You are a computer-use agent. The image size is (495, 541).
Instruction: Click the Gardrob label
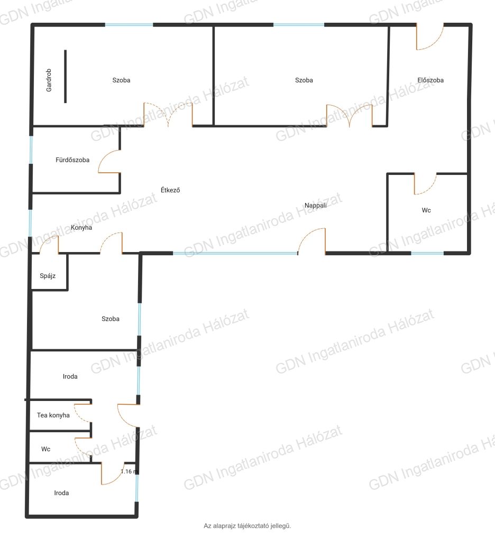click(x=49, y=80)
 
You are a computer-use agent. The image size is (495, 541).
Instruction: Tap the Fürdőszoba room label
click(x=72, y=160)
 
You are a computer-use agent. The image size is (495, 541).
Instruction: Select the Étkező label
click(x=170, y=190)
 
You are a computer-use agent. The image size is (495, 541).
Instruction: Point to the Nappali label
click(x=315, y=206)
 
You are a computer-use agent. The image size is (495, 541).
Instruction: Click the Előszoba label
click(x=430, y=80)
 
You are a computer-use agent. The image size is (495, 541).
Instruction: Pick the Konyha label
click(x=81, y=227)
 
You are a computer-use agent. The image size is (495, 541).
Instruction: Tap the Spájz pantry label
click(x=48, y=276)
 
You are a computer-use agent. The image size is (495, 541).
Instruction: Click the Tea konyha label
click(x=53, y=415)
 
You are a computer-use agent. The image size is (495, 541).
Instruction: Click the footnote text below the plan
click(x=247, y=526)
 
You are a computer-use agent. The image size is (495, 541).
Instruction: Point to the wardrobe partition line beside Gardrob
click(x=65, y=76)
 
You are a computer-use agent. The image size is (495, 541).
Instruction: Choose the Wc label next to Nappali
click(x=426, y=210)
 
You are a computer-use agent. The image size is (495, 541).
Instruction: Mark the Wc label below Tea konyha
click(x=45, y=449)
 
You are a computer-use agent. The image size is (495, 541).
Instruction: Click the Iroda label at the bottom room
click(x=61, y=493)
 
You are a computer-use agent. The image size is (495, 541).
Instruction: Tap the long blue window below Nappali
click(x=235, y=254)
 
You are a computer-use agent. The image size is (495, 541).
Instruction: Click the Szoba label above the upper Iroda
click(x=111, y=319)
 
